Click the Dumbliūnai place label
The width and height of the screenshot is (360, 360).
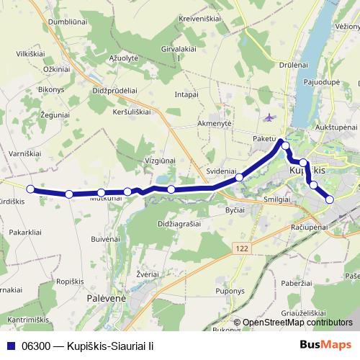point(68,22)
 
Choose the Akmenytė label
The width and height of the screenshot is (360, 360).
point(210,123)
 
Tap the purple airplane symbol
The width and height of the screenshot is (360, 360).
point(269,117)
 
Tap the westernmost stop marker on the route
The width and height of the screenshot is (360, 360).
point(30,189)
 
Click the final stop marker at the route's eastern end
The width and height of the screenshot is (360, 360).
point(330,199)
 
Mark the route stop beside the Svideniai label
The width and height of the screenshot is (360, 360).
point(239,176)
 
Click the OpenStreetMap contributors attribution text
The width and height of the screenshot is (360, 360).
point(293,323)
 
